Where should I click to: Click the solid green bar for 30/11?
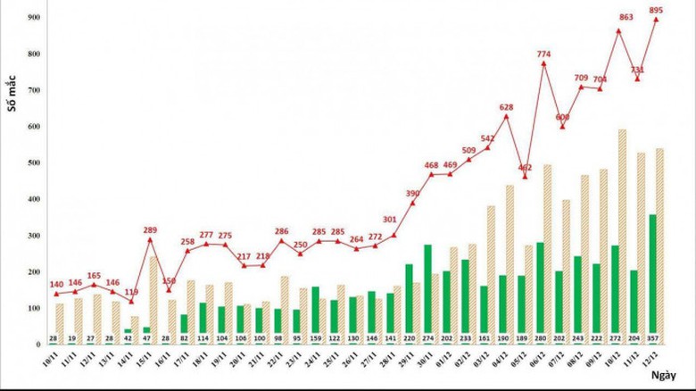tap(427, 294)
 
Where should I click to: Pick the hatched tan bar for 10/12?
tap(622, 237)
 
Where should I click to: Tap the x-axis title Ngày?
tap(675, 377)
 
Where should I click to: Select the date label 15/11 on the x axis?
tap(143, 364)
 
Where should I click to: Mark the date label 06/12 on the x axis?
tap(538, 364)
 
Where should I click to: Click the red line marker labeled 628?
tap(506, 117)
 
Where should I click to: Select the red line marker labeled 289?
tap(149, 239)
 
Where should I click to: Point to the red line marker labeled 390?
tap(412, 203)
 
